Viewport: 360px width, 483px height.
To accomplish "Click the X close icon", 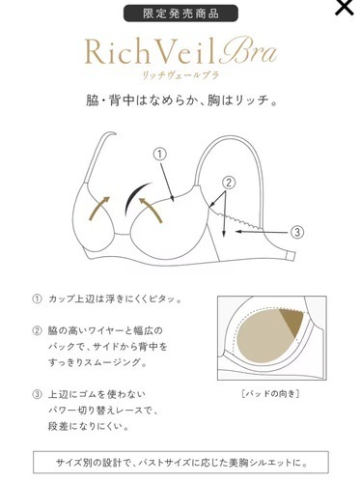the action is (x=342, y=9).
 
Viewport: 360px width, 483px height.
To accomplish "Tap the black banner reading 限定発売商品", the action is (x=179, y=14).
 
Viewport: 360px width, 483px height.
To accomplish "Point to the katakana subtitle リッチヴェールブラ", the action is (x=180, y=75).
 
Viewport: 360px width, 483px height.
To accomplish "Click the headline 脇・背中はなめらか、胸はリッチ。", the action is (x=180, y=100).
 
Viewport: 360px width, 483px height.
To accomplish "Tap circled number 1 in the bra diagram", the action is (x=160, y=154).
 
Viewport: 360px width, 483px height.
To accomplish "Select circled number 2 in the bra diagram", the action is (x=230, y=182).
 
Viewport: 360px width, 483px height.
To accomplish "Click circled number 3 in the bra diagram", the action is (x=297, y=232).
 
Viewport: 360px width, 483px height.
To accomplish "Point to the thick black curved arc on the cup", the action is (x=143, y=189).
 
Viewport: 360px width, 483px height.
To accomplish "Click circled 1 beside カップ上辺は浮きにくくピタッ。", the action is (x=37, y=298).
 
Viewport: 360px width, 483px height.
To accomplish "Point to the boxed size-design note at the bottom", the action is (x=180, y=461).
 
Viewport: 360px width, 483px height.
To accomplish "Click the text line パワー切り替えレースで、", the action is (x=107, y=411).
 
